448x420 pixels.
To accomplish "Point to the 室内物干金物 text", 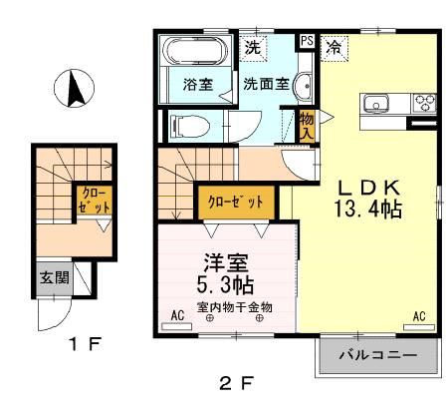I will coord(233,306).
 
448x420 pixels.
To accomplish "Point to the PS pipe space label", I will coord(307,41).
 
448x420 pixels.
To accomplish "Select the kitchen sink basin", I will coord(378,103).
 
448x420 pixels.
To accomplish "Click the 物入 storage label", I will coord(307,126).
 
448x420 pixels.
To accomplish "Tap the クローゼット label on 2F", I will coord(235,202).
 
